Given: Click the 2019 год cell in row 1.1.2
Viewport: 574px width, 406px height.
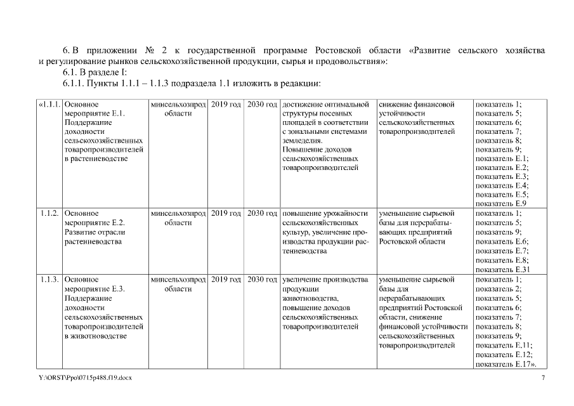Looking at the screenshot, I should point(226,214).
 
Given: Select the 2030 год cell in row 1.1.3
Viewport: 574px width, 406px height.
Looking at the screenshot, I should point(263,279).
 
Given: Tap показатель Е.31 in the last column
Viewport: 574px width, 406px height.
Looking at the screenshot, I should point(502,269).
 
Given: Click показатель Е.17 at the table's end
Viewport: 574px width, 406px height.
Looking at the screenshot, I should point(506,364).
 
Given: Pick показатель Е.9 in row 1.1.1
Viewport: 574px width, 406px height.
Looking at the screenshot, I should point(500,204).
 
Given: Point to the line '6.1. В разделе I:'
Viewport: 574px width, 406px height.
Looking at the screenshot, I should point(95,73).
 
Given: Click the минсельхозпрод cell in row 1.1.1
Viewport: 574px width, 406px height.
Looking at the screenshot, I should point(179,104).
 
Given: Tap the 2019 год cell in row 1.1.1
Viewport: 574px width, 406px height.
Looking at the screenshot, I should point(226,104).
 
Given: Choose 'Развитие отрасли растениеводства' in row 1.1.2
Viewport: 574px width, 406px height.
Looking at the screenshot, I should point(95,237).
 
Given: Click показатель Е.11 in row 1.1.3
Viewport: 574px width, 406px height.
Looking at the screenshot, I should point(504,345).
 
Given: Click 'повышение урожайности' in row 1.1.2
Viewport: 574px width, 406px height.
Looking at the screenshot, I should point(325,214).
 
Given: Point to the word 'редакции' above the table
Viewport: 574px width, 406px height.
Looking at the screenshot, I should point(305,84).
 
